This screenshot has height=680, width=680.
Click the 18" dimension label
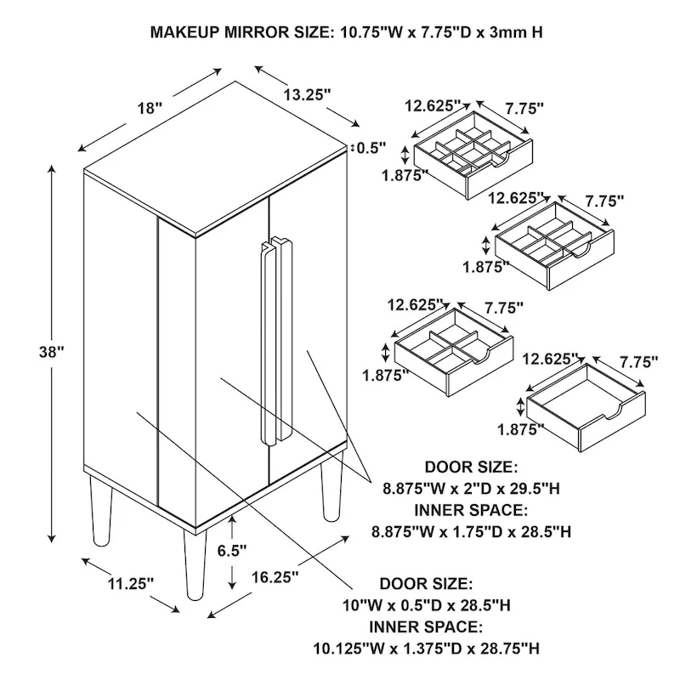point(149,108)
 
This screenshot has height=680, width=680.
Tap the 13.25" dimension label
point(306,96)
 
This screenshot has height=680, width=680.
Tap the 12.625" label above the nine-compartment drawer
point(432,106)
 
